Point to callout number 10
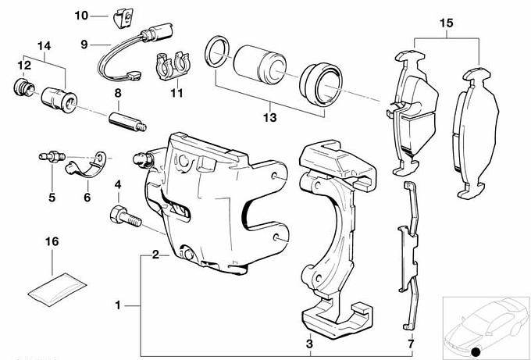83,16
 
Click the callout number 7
412,344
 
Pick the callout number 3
309,344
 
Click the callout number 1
117,305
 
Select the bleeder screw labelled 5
47,159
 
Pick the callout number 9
87,45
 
